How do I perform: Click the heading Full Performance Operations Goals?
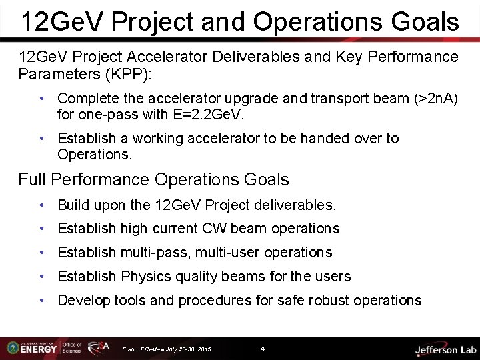pyautogui.click(x=154, y=179)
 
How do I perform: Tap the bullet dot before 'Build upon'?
pyautogui.click(x=42, y=204)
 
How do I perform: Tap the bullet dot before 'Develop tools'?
pyautogui.click(x=42, y=300)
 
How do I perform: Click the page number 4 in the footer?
pyautogui.click(x=263, y=349)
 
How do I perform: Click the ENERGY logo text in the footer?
pyautogui.click(x=39, y=349)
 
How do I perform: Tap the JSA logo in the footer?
pyautogui.click(x=99, y=347)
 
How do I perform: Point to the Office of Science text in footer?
pyautogui.click(x=72, y=347)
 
